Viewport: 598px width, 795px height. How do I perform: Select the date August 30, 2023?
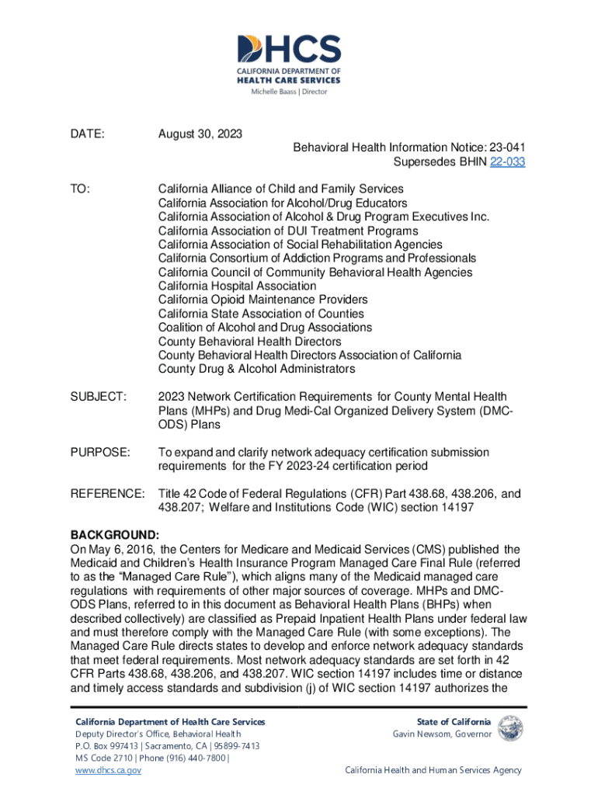tap(200, 134)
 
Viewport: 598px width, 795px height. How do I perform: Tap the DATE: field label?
tap(88, 134)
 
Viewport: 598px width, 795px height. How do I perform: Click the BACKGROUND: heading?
tap(115, 536)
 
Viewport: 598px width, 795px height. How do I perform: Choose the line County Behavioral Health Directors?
tap(249, 341)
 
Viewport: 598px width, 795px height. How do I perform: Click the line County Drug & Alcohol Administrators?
tap(256, 369)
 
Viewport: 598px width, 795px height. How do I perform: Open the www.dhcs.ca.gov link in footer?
tap(107, 770)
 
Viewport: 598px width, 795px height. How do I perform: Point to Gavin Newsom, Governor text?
tap(442, 734)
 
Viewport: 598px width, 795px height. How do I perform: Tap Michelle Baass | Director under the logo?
tap(288, 92)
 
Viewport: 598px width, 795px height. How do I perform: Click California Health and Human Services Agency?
tap(433, 770)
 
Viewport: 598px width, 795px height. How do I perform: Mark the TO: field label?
tap(80, 189)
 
